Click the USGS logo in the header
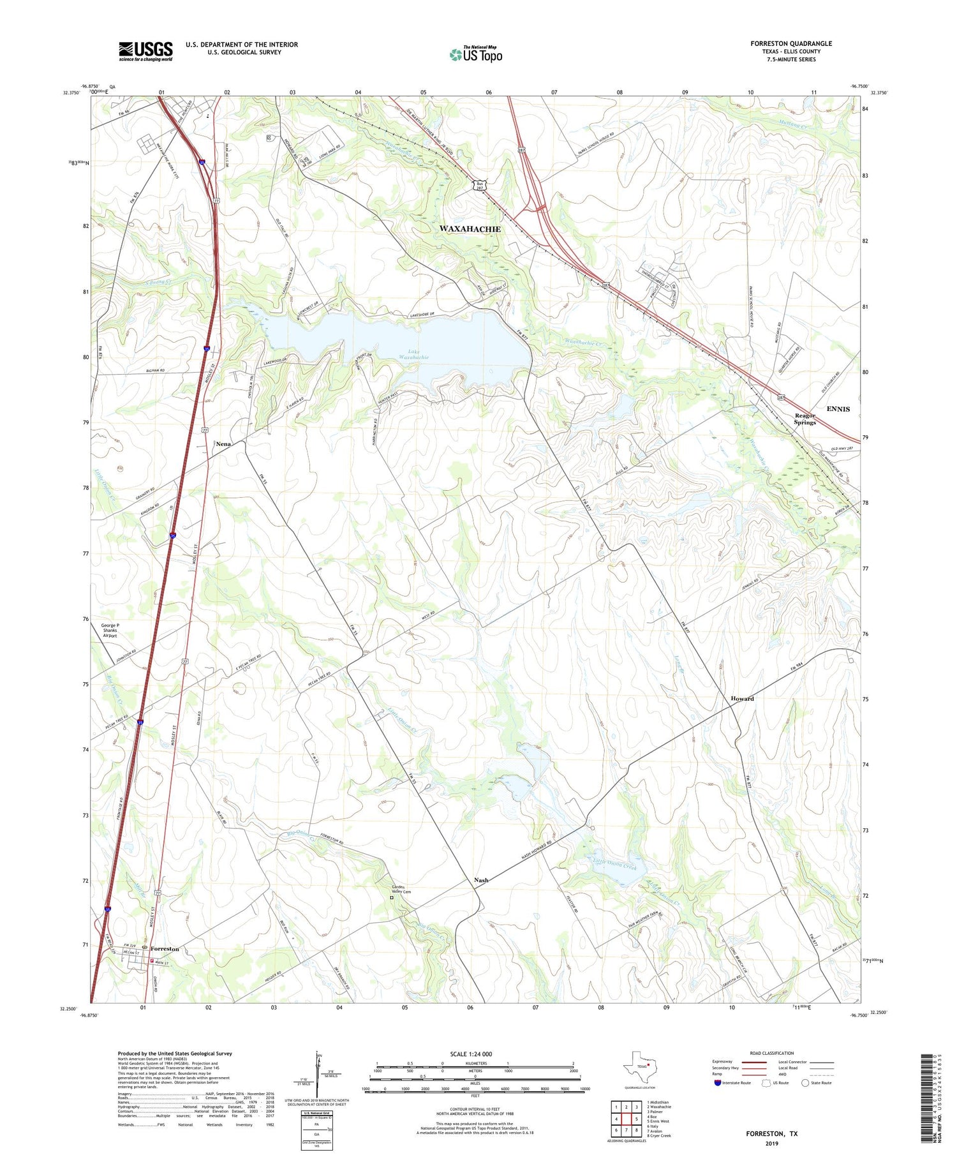click(x=145, y=51)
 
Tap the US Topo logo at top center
click(x=476, y=54)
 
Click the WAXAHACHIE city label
click(x=470, y=228)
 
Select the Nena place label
click(x=223, y=444)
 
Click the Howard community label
click(x=742, y=699)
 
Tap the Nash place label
click(x=481, y=880)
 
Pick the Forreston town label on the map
click(x=165, y=949)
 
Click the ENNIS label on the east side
click(x=838, y=409)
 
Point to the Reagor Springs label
click(x=805, y=419)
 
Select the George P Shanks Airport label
click(x=110, y=631)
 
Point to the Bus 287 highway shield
click(x=479, y=185)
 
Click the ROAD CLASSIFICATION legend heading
click(x=771, y=1053)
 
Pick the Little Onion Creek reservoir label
click(x=614, y=867)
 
